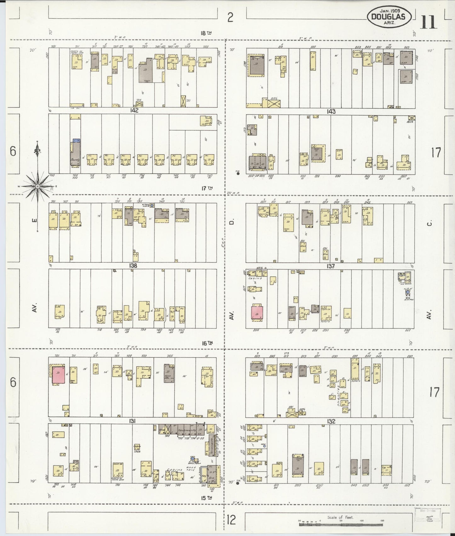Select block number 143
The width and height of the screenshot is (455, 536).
tap(331, 111)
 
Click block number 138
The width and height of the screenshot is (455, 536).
tap(133, 266)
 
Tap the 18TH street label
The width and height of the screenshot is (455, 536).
tap(206, 33)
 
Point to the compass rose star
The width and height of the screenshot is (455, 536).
tap(37, 186)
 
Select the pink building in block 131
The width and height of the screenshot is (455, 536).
tap(59, 374)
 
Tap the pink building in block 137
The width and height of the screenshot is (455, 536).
tap(257, 312)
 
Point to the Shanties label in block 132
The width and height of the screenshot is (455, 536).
tap(339, 396)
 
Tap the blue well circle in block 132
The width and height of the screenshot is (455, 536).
tap(264, 446)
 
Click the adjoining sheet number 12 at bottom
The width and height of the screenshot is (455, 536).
tap(230, 519)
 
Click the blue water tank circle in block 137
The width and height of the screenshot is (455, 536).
tap(408, 292)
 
